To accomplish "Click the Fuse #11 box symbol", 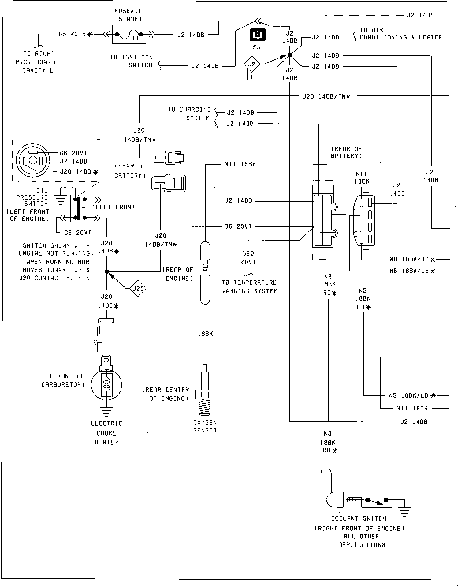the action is coord(129,34).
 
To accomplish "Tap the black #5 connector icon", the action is coord(258,35).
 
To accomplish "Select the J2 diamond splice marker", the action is coord(251,64).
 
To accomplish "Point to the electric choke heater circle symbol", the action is coord(106,386).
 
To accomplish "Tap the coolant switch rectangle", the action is coord(377,500).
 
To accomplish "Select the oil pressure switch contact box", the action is coord(80,208).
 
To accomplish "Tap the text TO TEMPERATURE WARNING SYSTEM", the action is coord(249,287).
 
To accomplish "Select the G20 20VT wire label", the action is coord(248,257).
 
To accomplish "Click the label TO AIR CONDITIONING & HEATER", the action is coord(400,34).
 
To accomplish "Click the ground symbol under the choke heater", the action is coord(106,412).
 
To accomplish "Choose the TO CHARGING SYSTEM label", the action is coord(189,114).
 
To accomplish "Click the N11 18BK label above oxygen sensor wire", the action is coord(240,164).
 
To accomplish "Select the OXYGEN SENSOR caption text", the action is coord(205,426).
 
